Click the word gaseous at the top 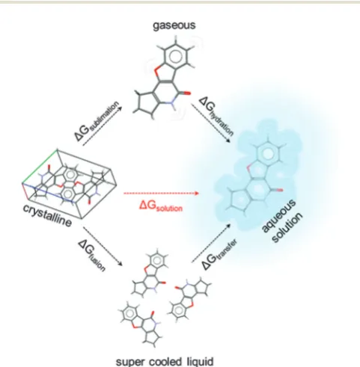coord(174,25)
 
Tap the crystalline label coord(47,215)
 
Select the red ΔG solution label coord(161,206)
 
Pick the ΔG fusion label coord(92,255)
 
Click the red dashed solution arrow coord(161,193)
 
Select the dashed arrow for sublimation coord(102,126)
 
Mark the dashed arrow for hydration coord(211,123)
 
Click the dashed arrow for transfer coord(211,243)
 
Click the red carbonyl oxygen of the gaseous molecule coord(188,93)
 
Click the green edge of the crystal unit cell coord(40,166)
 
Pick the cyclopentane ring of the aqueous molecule coord(239,200)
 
